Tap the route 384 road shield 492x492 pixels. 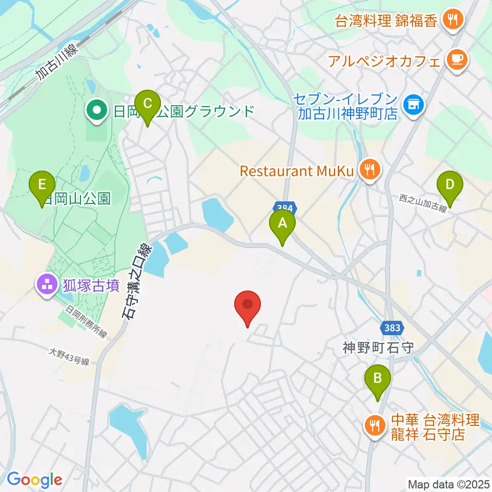pyautogui.click(x=285, y=208)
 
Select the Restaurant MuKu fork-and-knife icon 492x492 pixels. pyautogui.click(x=369, y=170)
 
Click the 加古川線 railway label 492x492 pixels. pyautogui.click(x=56, y=61)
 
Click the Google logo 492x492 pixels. pyautogui.click(x=34, y=480)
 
